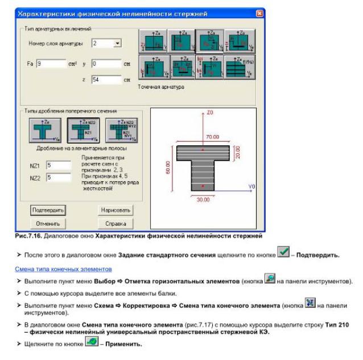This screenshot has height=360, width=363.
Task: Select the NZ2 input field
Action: pos(57,177)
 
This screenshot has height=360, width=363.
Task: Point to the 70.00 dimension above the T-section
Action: pos(213,137)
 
